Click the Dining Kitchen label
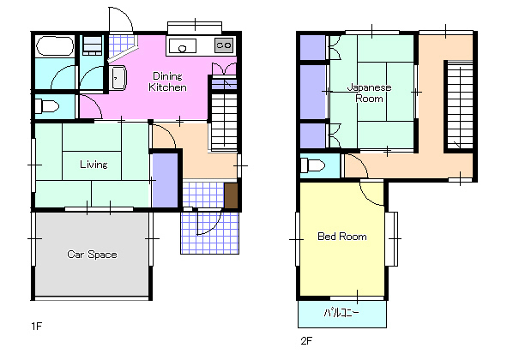[167, 81]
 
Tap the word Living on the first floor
[94, 165]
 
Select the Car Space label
[92, 255]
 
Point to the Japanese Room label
[369, 93]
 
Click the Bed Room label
[342, 237]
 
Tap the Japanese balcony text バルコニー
[341, 313]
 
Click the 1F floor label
[37, 326]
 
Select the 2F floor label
[306, 340]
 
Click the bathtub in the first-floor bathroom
[55, 46]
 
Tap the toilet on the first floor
[46, 106]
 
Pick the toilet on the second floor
[312, 166]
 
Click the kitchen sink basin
[183, 46]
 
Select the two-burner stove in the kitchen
[224, 45]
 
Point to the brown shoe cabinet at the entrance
[231, 195]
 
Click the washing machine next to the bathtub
[92, 45]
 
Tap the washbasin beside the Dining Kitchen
[118, 78]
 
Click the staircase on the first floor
[224, 122]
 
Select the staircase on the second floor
[459, 105]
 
